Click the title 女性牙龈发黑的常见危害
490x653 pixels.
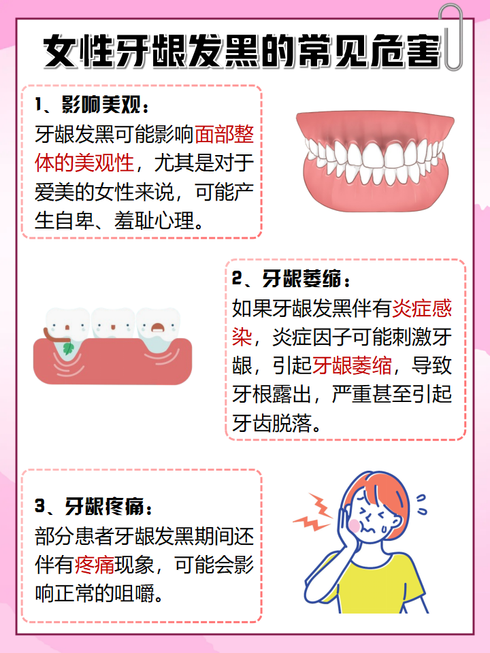(x=242, y=52)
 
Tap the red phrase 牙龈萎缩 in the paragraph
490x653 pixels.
(x=353, y=366)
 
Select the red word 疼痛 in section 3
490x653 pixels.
(x=95, y=564)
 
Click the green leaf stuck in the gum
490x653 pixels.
(x=69, y=349)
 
